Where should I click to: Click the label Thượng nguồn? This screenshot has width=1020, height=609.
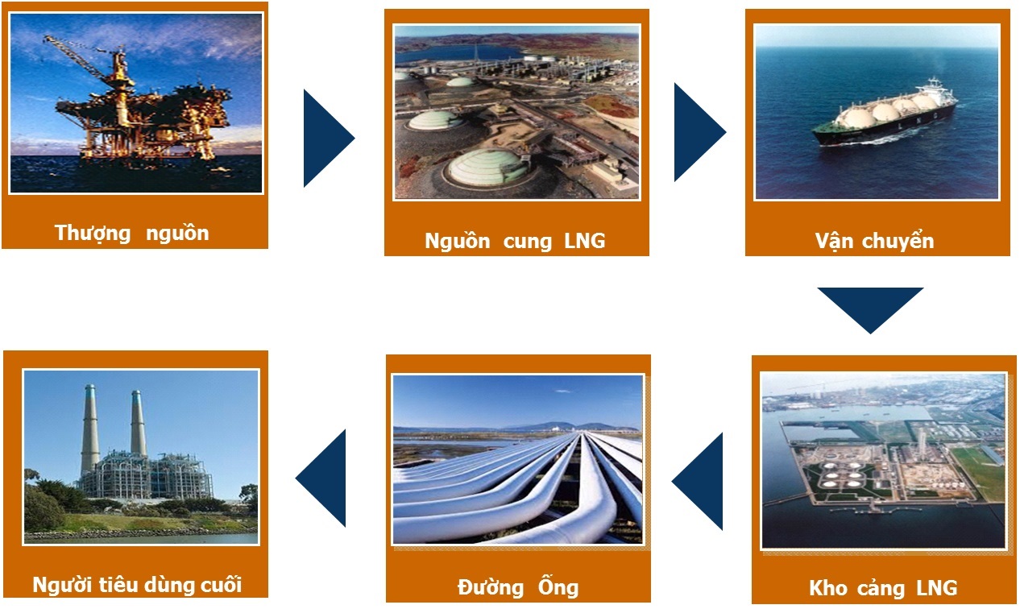pos(131,233)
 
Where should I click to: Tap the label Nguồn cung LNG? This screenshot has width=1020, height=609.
pos(515,241)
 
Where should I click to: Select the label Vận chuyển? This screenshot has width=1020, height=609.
pos(874,241)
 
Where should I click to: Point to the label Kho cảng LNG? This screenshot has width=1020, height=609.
pos(883,587)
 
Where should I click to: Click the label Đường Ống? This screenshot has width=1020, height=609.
pos(518,586)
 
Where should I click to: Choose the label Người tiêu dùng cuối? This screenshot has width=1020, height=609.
pos(137,584)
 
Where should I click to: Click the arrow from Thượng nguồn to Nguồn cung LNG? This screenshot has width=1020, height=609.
pos(329,138)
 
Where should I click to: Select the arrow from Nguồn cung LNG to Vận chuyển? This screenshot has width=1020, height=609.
pos(700,132)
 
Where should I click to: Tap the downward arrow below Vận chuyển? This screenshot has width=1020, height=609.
pos(870,310)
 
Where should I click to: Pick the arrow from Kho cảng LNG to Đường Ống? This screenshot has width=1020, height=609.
pos(697,481)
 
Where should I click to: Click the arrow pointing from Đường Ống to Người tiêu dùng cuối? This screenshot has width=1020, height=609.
pos(321,478)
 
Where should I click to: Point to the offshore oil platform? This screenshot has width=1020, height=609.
pos(141,105)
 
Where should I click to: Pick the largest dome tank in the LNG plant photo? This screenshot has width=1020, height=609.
pos(487,168)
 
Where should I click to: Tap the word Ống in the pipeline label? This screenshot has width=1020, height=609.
pos(558,586)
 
